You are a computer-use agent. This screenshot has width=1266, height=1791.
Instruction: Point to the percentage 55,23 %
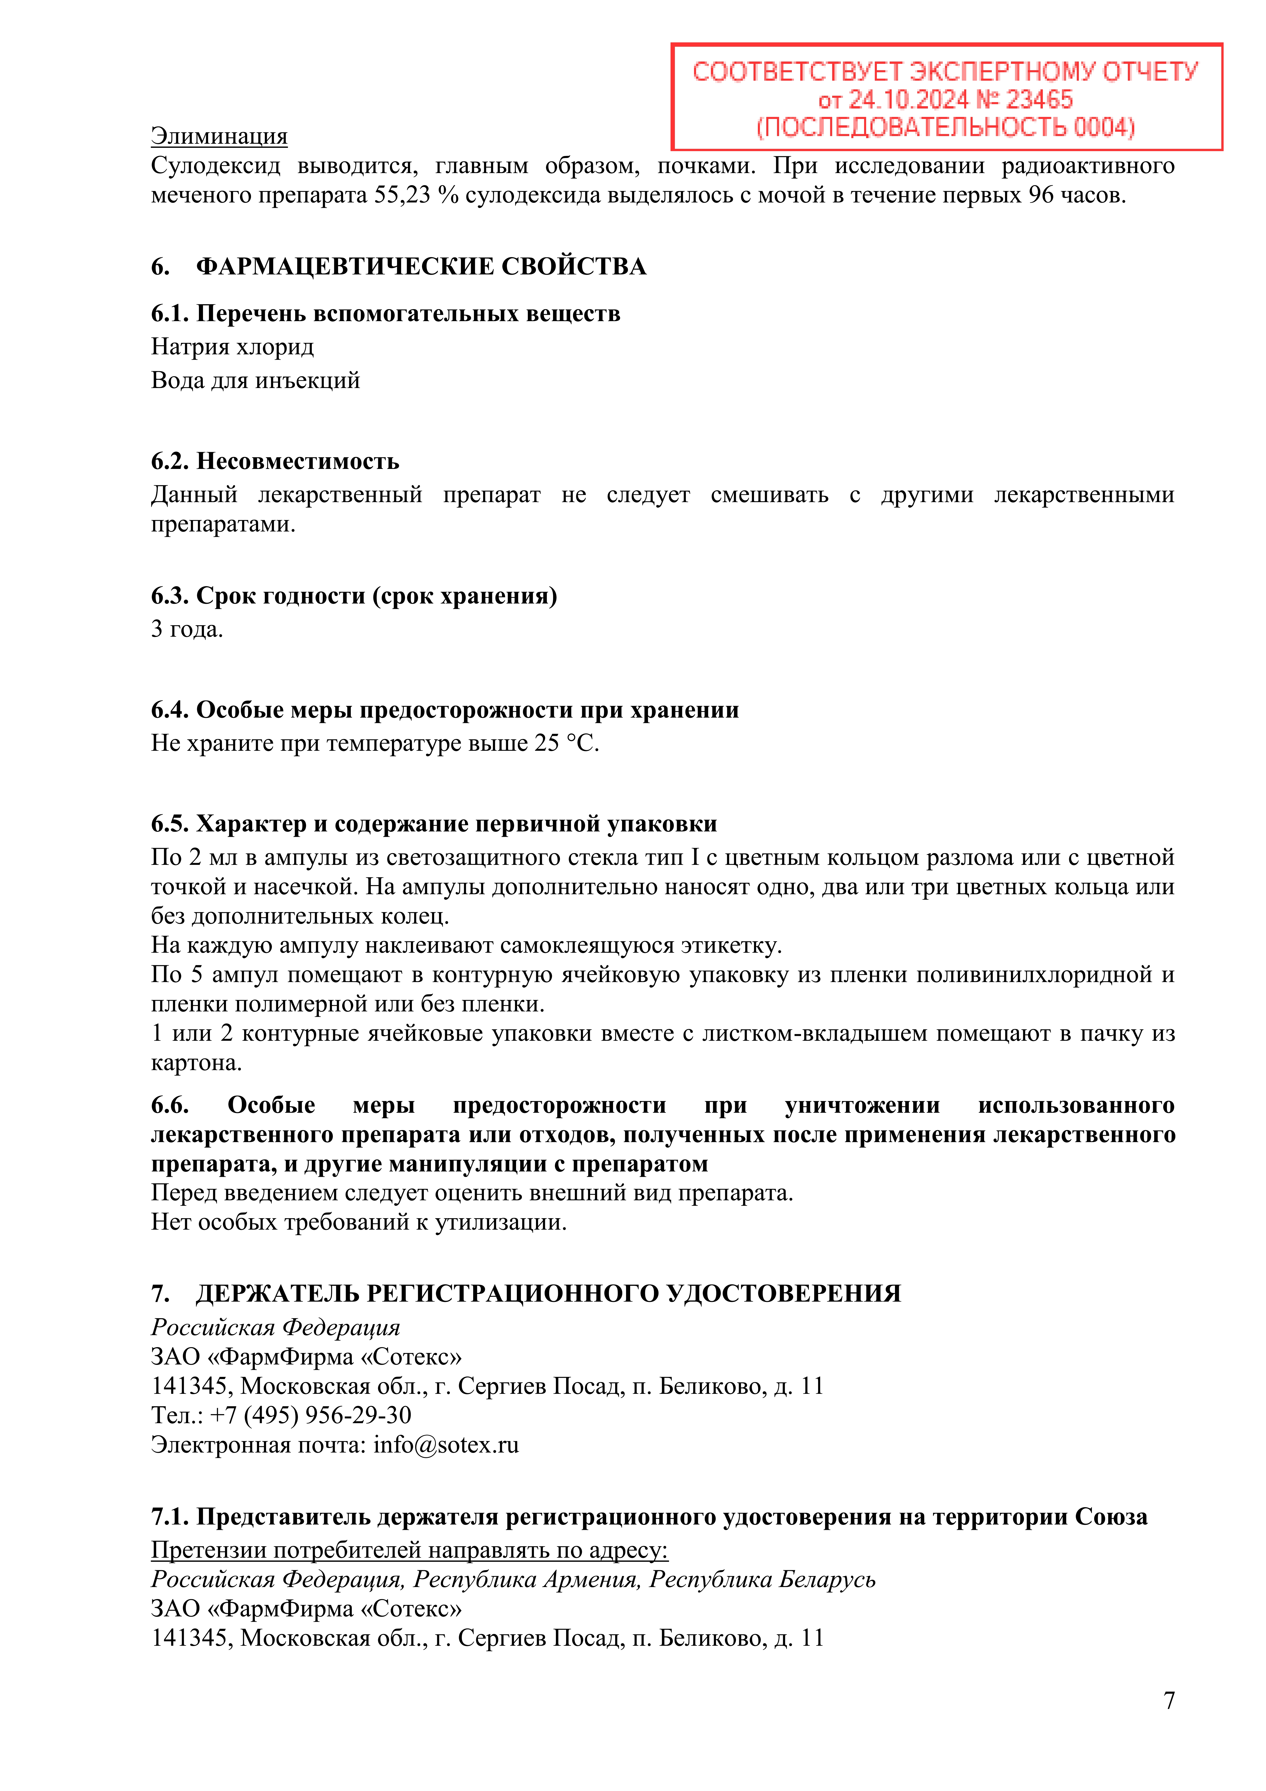click(x=416, y=195)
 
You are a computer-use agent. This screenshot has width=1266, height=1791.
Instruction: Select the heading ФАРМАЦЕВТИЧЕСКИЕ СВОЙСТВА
click(x=421, y=267)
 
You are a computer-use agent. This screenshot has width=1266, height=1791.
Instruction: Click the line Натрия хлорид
click(x=232, y=346)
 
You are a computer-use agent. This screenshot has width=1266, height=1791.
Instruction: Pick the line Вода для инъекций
click(x=255, y=381)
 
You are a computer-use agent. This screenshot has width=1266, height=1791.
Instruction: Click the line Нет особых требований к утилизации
click(x=359, y=1222)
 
